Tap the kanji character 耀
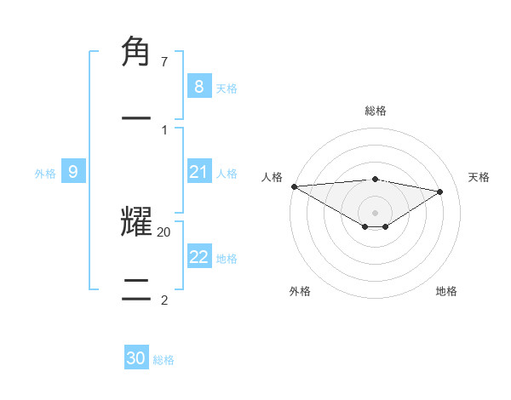pos(136,221)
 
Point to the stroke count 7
pos(164,62)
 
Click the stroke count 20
pos(164,231)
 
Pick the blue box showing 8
pos(198,86)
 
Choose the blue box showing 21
pos(198,172)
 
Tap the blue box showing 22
pos(198,257)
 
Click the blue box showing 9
pos(73,172)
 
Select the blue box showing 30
pos(136,358)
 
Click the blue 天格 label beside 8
pos(227,88)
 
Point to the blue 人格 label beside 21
pos(227,174)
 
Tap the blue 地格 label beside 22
pos(227,259)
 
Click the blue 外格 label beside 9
pos(45,174)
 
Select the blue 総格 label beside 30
pos(164,360)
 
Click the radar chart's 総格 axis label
pos(375,111)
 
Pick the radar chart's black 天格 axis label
pos(479,177)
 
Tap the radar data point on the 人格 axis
pos(294,186)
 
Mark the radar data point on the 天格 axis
pos(440,191)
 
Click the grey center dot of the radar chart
pos(375,213)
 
